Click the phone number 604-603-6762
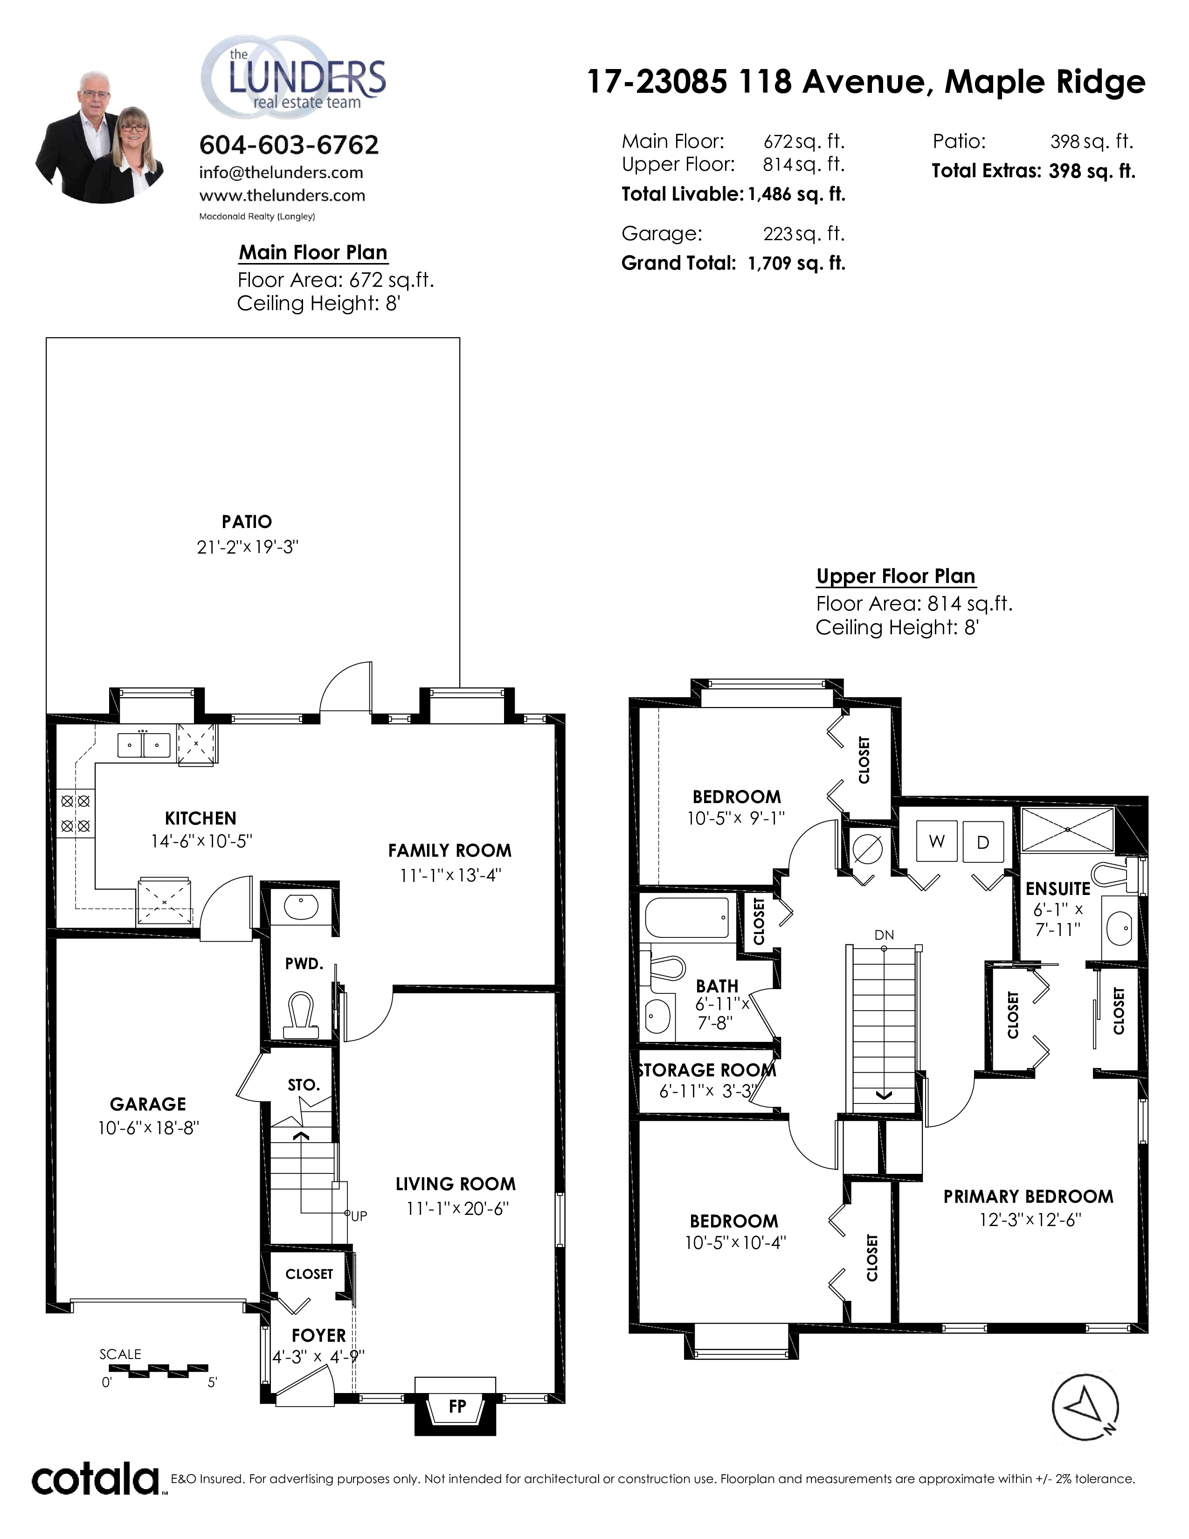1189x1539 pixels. (289, 145)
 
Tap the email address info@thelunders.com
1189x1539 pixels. (281, 173)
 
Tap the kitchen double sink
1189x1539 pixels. (144, 744)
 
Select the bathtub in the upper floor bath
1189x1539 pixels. (687, 917)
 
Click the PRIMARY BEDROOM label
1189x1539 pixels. (1029, 1197)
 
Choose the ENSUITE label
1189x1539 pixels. (1058, 888)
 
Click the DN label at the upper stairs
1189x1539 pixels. (884, 935)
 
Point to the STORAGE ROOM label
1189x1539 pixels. (706, 1070)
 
